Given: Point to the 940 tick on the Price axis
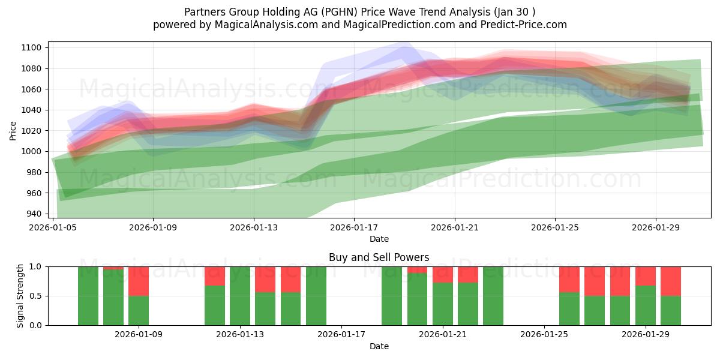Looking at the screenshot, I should click(34, 214).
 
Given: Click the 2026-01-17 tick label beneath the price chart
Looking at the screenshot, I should click(354, 227).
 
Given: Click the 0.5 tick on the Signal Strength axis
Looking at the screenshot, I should click(36, 296).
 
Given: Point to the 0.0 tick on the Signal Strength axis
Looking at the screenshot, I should click(36, 325).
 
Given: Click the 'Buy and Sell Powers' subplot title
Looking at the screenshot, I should click(379, 257).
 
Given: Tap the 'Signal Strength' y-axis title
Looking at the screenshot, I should click(20, 296).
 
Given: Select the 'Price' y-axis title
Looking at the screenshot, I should click(13, 130).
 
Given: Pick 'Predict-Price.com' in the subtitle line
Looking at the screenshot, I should click(520, 25).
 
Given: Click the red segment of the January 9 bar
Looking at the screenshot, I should click(139, 281).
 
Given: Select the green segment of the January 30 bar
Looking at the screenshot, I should click(671, 311).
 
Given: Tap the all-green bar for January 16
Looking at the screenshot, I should click(316, 296).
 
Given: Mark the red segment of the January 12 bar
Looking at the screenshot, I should click(215, 276).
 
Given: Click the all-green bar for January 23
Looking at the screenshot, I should click(493, 296).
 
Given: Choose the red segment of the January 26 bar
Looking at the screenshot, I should click(569, 279).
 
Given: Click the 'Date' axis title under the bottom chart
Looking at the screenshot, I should click(379, 346).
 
